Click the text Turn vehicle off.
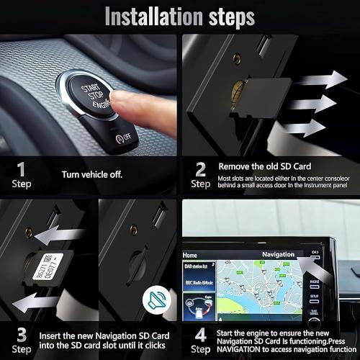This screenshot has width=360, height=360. [91, 174]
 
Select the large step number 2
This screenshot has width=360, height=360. [201, 169]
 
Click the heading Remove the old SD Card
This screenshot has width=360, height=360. [265, 166]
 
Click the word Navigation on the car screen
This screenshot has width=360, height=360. [277, 254]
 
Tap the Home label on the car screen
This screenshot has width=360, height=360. [190, 255]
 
